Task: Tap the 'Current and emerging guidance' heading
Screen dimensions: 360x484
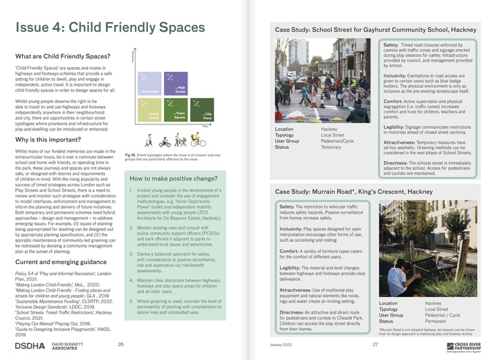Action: [60, 263]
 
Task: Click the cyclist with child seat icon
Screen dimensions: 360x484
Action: [197, 140]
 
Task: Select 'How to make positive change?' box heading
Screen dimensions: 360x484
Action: [170, 180]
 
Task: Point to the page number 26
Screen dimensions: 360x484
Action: [121, 344]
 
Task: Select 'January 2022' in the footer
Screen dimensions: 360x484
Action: [281, 344]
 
